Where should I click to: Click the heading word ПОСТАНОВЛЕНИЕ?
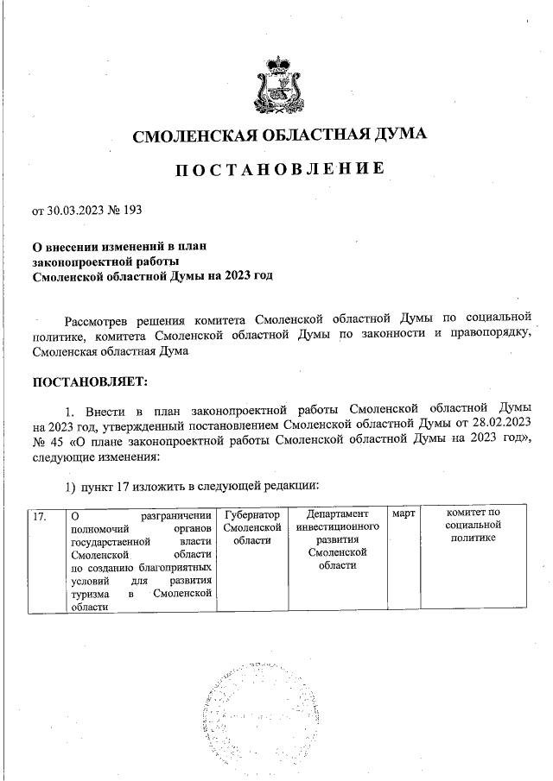tap(278, 169)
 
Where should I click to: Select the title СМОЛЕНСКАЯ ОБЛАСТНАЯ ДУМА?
tap(278, 135)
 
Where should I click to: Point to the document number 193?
tap(132, 209)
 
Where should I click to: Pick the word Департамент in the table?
tap(338, 513)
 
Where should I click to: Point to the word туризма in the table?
tap(89, 595)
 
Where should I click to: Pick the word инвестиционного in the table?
tap(338, 526)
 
